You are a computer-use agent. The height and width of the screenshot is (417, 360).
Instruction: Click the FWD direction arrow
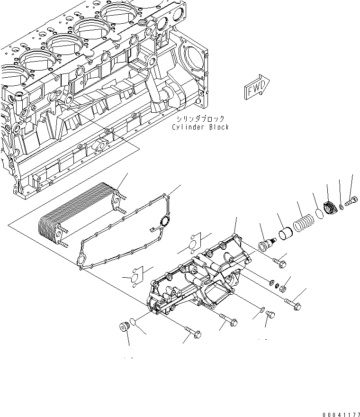256,88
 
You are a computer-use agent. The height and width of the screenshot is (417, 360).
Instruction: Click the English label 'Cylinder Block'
200,127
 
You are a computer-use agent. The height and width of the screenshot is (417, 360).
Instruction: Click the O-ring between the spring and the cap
319,214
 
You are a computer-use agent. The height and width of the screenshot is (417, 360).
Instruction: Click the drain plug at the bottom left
124,327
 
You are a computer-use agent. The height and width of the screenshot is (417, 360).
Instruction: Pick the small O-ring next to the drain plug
135,322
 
